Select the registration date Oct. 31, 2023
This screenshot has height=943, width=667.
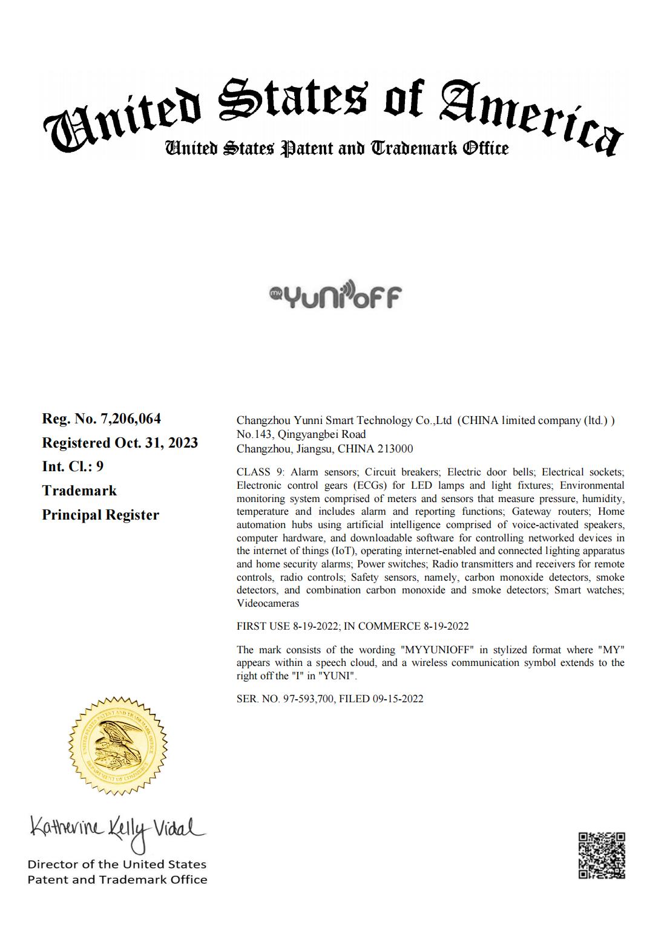[156, 443]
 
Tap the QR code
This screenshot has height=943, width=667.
[601, 855]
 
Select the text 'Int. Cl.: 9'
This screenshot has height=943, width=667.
[73, 466]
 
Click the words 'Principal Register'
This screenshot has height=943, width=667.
[100, 515]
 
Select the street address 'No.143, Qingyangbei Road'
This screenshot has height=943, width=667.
[301, 434]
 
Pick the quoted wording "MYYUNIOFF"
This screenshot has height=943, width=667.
[436, 650]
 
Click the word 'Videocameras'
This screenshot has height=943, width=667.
[268, 603]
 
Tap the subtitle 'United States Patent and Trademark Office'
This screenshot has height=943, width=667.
[337, 148]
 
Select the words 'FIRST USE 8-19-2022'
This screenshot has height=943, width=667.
[287, 626]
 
